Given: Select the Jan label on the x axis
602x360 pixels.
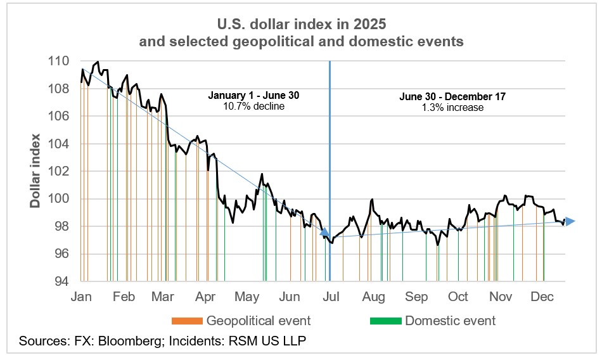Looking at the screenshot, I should click(82, 297).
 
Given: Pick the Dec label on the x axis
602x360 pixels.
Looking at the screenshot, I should click(542, 297).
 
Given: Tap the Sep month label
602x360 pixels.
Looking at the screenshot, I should click(416, 297).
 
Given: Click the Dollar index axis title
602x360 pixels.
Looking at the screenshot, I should click(36, 171).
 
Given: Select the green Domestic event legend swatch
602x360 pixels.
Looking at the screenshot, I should click(385, 320).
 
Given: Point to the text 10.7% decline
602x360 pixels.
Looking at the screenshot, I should click(253, 106).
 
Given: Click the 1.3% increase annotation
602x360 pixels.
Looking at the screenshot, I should click(452, 108).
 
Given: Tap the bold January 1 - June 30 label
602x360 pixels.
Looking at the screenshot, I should click(253, 96).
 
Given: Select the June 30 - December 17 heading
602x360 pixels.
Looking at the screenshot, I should click(452, 97).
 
